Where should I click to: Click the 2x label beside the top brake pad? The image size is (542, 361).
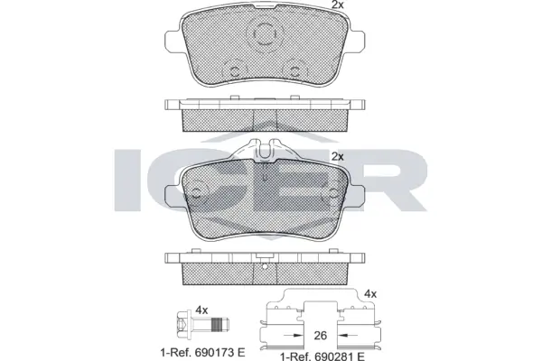coord(338,6)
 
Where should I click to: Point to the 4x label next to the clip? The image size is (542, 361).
coord(369,293)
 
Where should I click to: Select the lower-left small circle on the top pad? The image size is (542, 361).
coord(233,69)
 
